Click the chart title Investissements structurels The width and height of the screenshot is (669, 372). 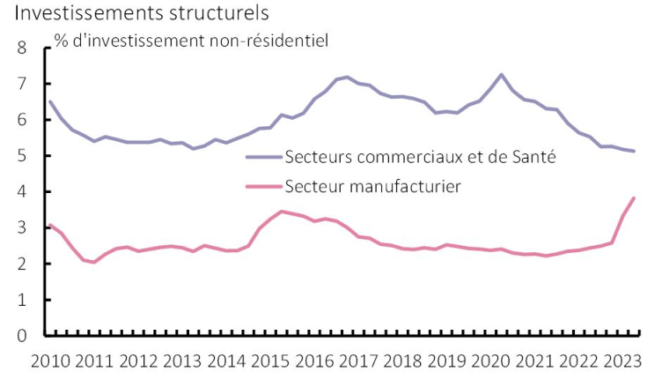click(142, 14)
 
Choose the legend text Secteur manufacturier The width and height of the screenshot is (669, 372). click(374, 186)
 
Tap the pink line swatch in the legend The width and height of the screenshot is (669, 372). click(263, 187)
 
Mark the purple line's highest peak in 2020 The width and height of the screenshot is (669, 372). click(501, 74)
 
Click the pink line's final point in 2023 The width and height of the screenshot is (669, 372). click(634, 197)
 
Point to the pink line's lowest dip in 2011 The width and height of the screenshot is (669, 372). click(94, 262)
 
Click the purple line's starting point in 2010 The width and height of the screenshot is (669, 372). click(49, 101)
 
